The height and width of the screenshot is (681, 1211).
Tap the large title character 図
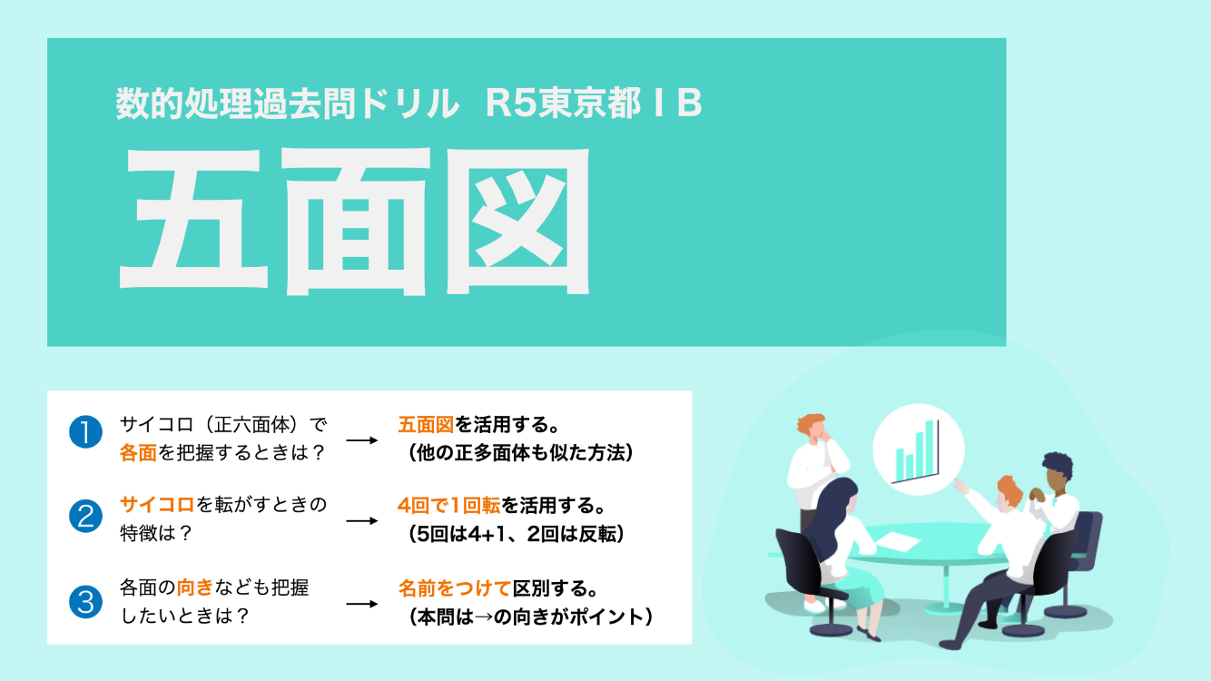tap(518, 222)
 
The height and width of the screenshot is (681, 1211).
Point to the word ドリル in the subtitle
tap(409, 103)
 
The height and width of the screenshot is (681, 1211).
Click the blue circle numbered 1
tap(85, 431)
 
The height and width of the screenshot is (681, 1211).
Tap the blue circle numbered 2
tap(85, 516)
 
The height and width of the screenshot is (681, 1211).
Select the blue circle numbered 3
tap(85, 601)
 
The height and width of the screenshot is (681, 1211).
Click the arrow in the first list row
tap(361, 440)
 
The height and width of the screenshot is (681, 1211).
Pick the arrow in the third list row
tap(361, 604)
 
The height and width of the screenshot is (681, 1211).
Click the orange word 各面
tap(138, 452)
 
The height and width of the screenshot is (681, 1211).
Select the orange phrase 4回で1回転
tap(448, 505)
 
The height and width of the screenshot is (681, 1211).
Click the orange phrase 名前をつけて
tap(454, 588)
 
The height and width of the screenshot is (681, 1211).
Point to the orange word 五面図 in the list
tap(426, 425)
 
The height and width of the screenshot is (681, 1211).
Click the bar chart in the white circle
tap(917, 451)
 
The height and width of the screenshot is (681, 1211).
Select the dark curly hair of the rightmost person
tap(1058, 464)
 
